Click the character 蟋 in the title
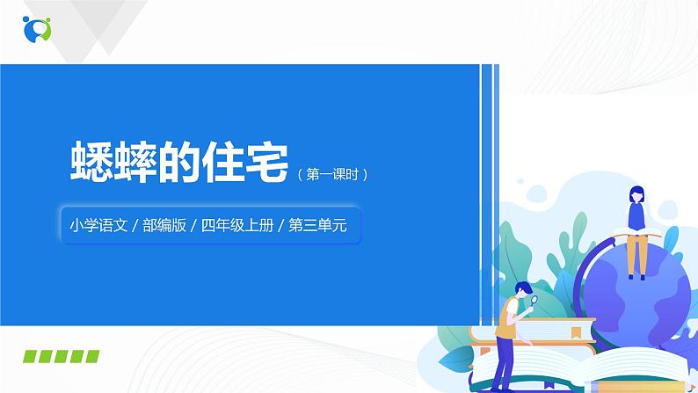91,163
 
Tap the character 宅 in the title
262,163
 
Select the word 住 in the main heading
220,163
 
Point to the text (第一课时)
331,174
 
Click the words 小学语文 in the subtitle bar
98,225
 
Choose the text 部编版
162,225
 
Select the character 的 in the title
176,163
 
